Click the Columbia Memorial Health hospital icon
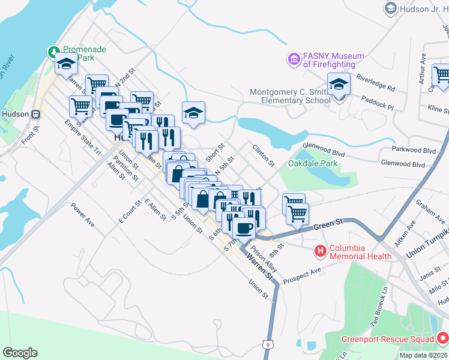point(321,251)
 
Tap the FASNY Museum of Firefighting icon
point(294,60)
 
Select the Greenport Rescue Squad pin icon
point(444,339)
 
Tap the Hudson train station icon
point(36,114)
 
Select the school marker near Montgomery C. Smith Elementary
point(339,85)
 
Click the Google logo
point(20,353)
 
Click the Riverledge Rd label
point(375,83)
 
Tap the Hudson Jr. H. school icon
point(391,8)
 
